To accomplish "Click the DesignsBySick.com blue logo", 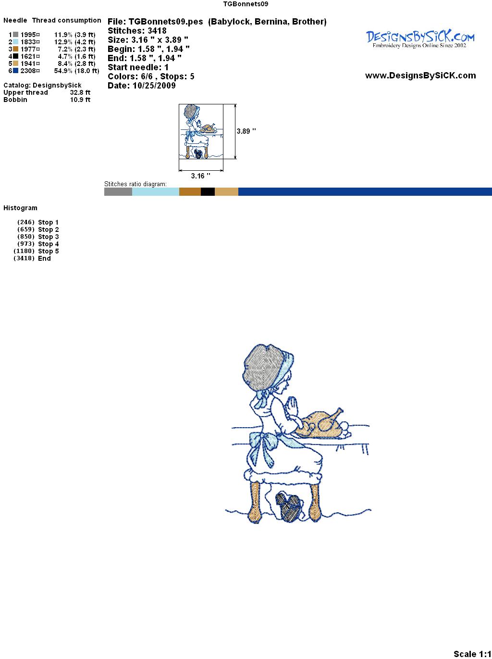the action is point(420,39).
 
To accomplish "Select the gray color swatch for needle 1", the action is point(15,35).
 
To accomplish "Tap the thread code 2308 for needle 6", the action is point(28,71).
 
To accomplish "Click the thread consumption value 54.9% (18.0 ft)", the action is point(76,71).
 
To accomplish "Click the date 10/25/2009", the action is point(154,86).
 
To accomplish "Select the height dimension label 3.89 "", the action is point(246,131).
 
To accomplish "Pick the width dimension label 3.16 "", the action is point(200,176).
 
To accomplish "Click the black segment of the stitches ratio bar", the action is point(208,191).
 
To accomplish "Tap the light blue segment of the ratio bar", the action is point(156,191).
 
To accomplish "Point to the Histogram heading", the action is point(20,208).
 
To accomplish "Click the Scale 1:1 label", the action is point(472,654).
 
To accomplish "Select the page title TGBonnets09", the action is point(246,4).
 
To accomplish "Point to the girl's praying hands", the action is point(293,406).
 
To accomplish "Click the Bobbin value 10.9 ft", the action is point(80,100).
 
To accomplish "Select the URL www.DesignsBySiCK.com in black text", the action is point(420,76).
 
